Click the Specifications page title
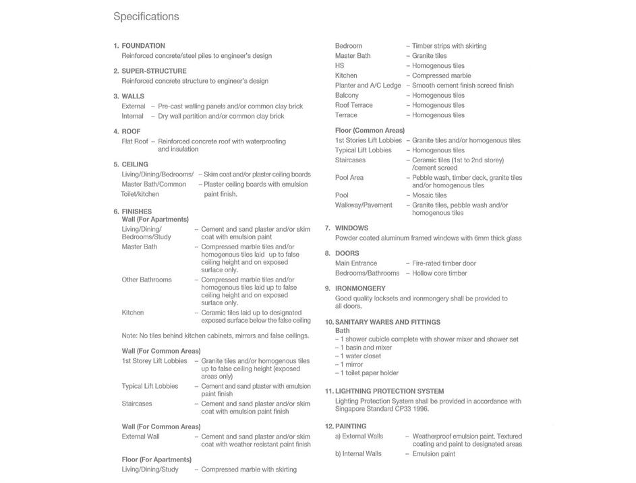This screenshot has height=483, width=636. pos(146,17)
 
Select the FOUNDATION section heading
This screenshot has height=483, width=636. pos(143,46)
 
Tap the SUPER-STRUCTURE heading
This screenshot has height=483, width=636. pos(154,71)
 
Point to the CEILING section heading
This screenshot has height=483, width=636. pos(135,164)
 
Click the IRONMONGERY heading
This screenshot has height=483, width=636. pos(360,288)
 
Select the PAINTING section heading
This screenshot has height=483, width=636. pos(350,426)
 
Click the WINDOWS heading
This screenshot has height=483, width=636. pos(351,228)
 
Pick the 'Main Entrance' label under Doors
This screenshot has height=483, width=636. pos(356,263)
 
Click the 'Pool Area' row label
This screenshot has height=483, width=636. pos(349,178)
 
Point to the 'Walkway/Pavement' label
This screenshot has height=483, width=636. pos(364,205)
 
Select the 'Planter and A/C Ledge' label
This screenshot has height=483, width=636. pos(368,86)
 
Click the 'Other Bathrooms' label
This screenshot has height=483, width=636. pos(146,280)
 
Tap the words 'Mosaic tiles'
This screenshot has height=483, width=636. pos(430,195)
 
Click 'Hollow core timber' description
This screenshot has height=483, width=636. pos(440,273)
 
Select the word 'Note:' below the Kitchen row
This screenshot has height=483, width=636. pos(129,335)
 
